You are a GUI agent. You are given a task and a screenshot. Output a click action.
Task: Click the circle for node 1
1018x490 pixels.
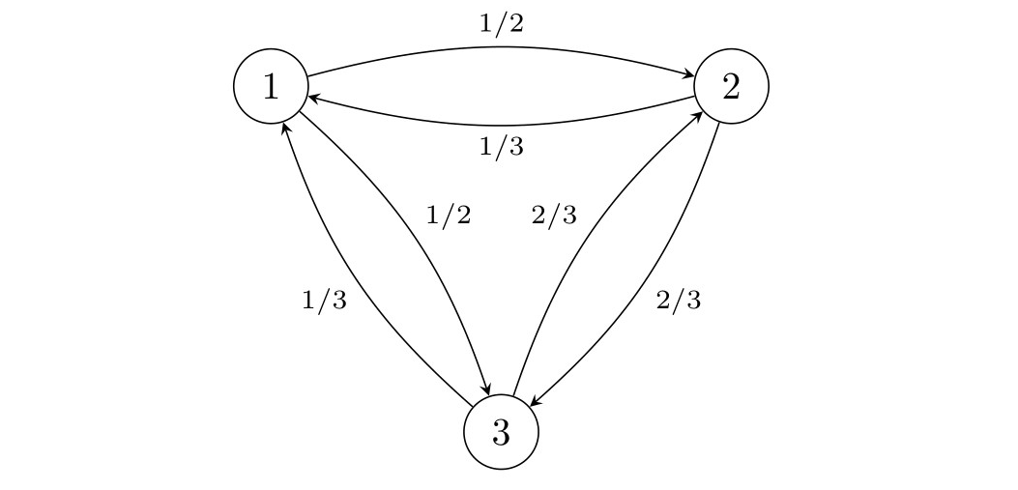pos(271,87)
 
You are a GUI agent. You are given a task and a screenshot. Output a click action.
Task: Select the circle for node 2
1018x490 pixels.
pos(732,87)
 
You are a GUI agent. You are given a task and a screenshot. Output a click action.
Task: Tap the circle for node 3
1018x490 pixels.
pos(501,432)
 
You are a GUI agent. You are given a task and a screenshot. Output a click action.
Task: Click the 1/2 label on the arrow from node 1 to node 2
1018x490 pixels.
pos(501,24)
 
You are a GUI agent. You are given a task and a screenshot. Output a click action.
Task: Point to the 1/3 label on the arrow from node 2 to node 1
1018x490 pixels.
pos(501,147)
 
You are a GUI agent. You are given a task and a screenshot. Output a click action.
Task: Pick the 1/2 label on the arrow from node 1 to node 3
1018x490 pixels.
pos(449,216)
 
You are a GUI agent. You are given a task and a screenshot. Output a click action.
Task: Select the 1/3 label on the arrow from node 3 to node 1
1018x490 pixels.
pos(324,301)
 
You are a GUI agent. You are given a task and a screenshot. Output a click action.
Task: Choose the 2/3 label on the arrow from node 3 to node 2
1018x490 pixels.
pos(554,216)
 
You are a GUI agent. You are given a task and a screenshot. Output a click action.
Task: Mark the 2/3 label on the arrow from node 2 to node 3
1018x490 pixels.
pos(678,301)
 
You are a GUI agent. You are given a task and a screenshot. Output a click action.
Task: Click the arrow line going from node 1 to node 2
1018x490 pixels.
pos(501,47)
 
